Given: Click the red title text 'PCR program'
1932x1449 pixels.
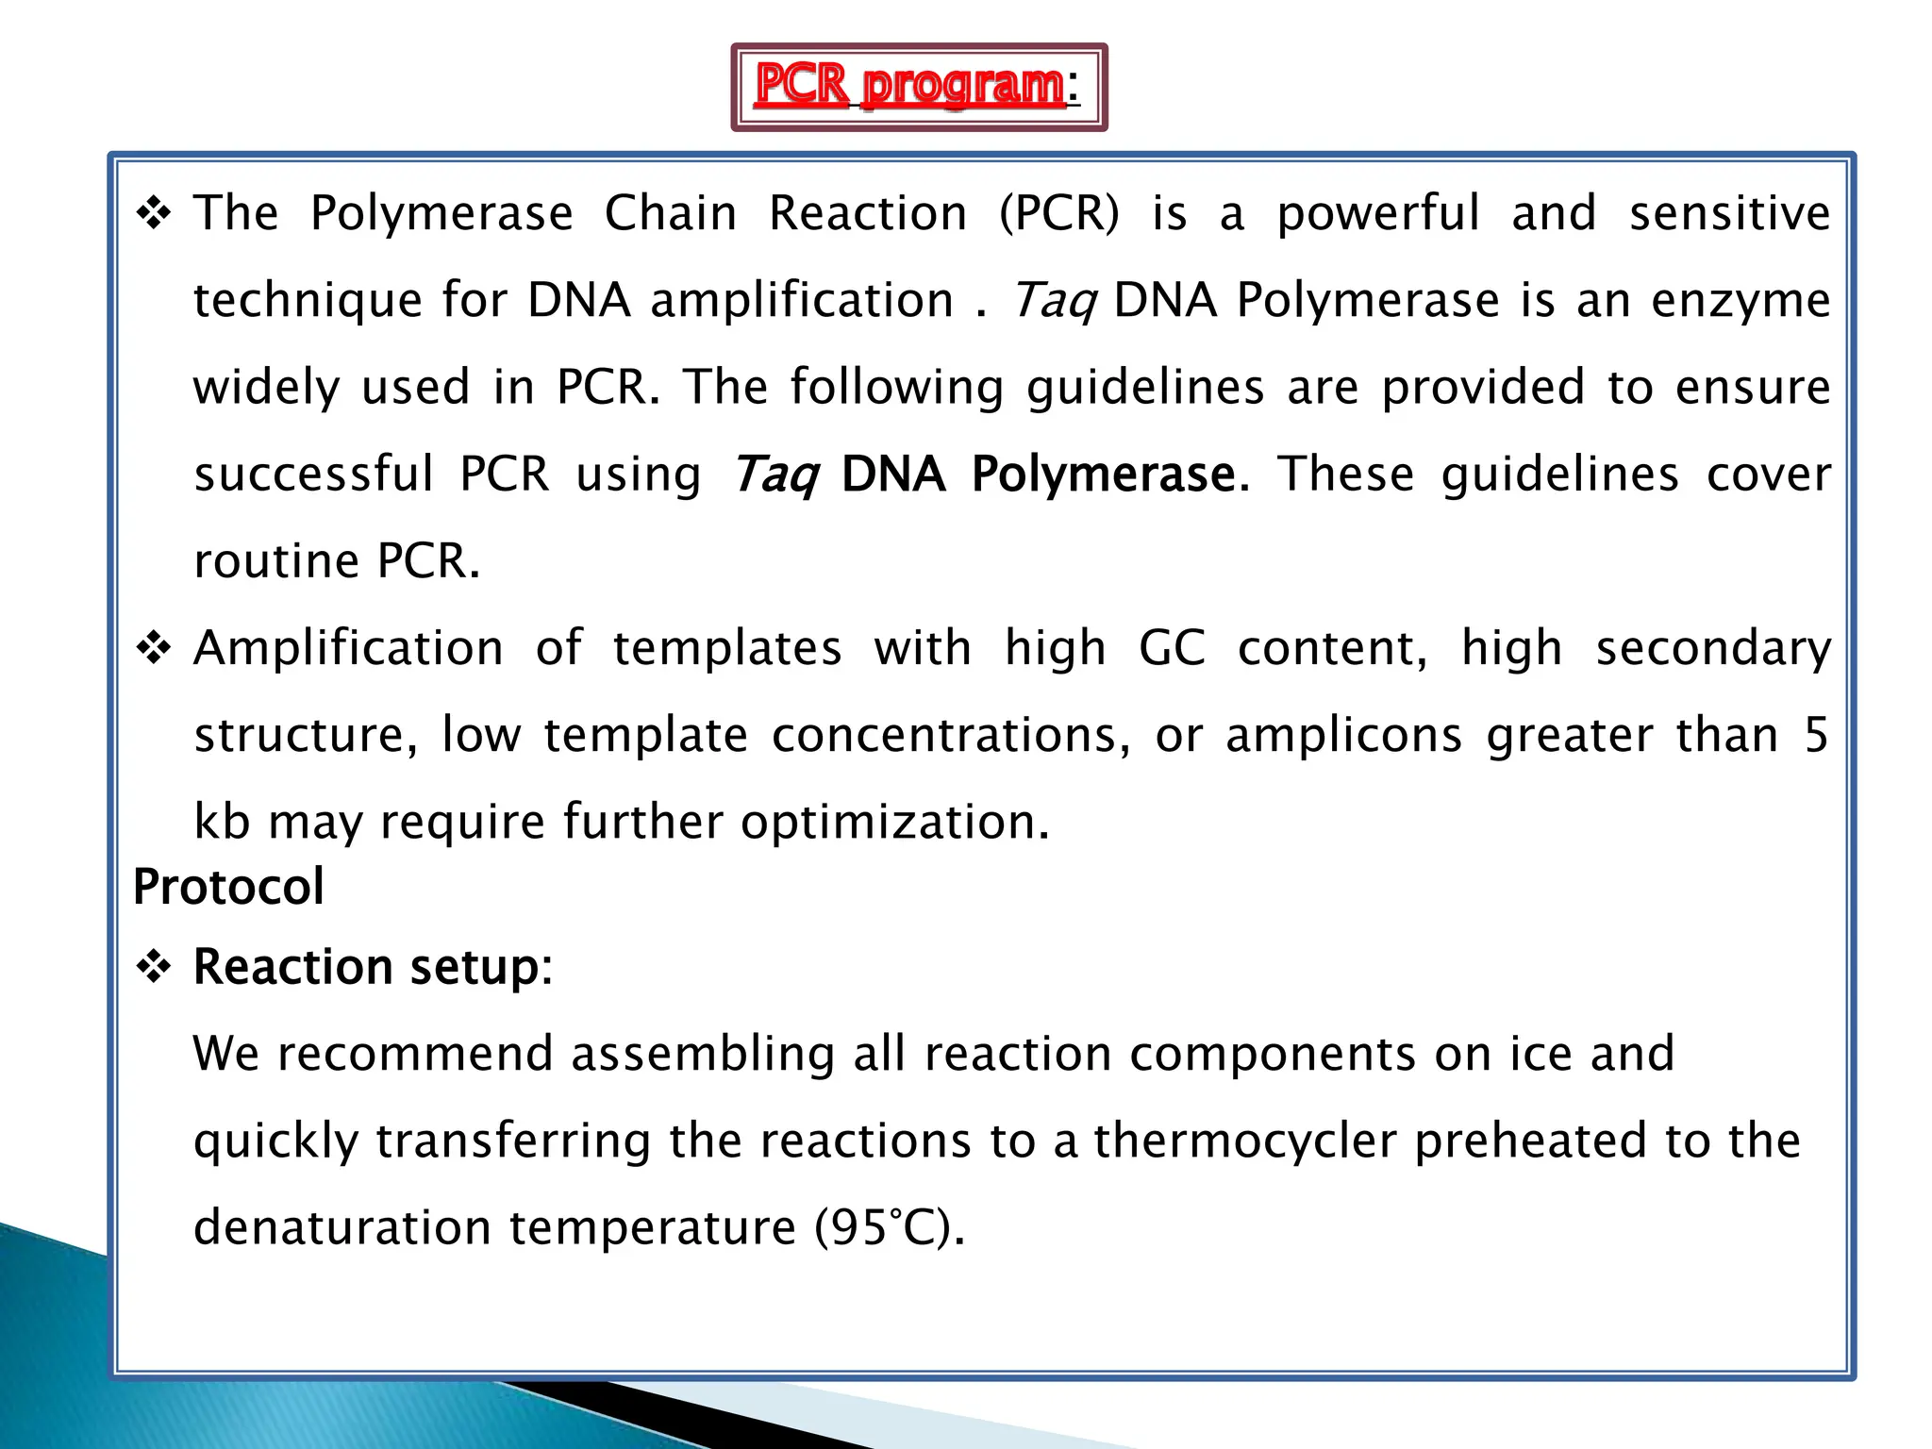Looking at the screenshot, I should (x=910, y=86).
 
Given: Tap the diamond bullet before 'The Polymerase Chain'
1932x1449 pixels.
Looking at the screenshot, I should (x=154, y=214).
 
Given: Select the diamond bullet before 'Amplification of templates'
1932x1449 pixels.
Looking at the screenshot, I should (x=154, y=649).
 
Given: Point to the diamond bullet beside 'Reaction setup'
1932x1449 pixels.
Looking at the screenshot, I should (x=154, y=967).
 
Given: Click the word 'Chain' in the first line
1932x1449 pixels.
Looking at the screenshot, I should (x=671, y=213).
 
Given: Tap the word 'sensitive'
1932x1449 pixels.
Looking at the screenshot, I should (x=1730, y=213).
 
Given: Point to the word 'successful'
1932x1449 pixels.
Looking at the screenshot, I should (x=313, y=474).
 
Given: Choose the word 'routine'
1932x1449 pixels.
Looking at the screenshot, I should (x=276, y=561).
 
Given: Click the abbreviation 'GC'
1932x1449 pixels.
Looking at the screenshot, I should (x=1172, y=649).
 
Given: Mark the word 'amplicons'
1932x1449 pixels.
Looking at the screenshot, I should (x=1343, y=736).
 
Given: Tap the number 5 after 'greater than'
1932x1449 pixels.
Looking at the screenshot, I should (x=1816, y=736).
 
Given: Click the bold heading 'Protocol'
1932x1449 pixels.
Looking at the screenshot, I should (x=228, y=887).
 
